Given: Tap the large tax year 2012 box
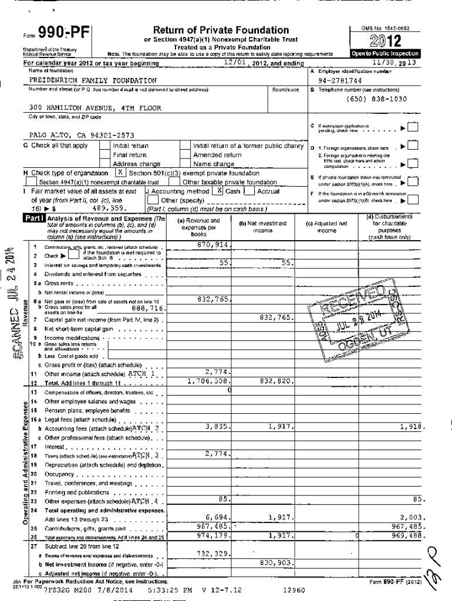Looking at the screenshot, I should pyautogui.click(x=384, y=41).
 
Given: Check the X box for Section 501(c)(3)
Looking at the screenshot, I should pyautogui.click(x=119, y=173).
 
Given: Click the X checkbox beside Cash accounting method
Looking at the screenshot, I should pyautogui.click(x=220, y=191).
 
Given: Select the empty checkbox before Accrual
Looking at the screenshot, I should pyautogui.click(x=249, y=191).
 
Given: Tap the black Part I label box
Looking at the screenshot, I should pyautogui.click(x=33, y=218).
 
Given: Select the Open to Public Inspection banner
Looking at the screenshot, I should pyautogui.click(x=384, y=53).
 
